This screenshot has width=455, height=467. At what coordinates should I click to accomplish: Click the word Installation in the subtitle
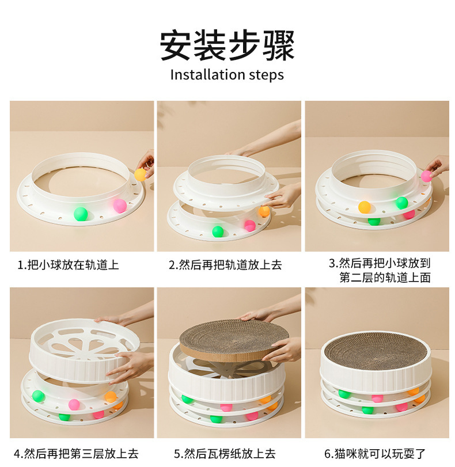(199, 75)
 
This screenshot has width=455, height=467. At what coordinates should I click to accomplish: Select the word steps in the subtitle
(266, 75)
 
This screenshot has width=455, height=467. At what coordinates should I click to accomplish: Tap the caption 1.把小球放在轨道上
(68, 265)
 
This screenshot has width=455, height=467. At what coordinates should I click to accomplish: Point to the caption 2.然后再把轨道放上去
(225, 265)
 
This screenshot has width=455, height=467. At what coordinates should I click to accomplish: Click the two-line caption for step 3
(380, 271)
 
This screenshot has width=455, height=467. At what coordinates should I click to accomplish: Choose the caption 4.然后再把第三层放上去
(76, 453)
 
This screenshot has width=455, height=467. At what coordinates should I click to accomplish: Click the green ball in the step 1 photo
(81, 214)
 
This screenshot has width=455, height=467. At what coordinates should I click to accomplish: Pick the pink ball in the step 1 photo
(120, 206)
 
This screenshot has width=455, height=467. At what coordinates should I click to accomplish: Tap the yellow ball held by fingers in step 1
(141, 174)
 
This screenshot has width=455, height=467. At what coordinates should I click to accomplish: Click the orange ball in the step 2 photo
(264, 211)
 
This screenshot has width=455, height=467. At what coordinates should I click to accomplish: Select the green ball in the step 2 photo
(218, 231)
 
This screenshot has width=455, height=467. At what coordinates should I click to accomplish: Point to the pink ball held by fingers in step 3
(426, 176)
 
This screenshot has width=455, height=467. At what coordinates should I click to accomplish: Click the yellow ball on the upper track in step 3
(365, 207)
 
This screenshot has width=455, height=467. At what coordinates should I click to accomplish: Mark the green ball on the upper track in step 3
(401, 203)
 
